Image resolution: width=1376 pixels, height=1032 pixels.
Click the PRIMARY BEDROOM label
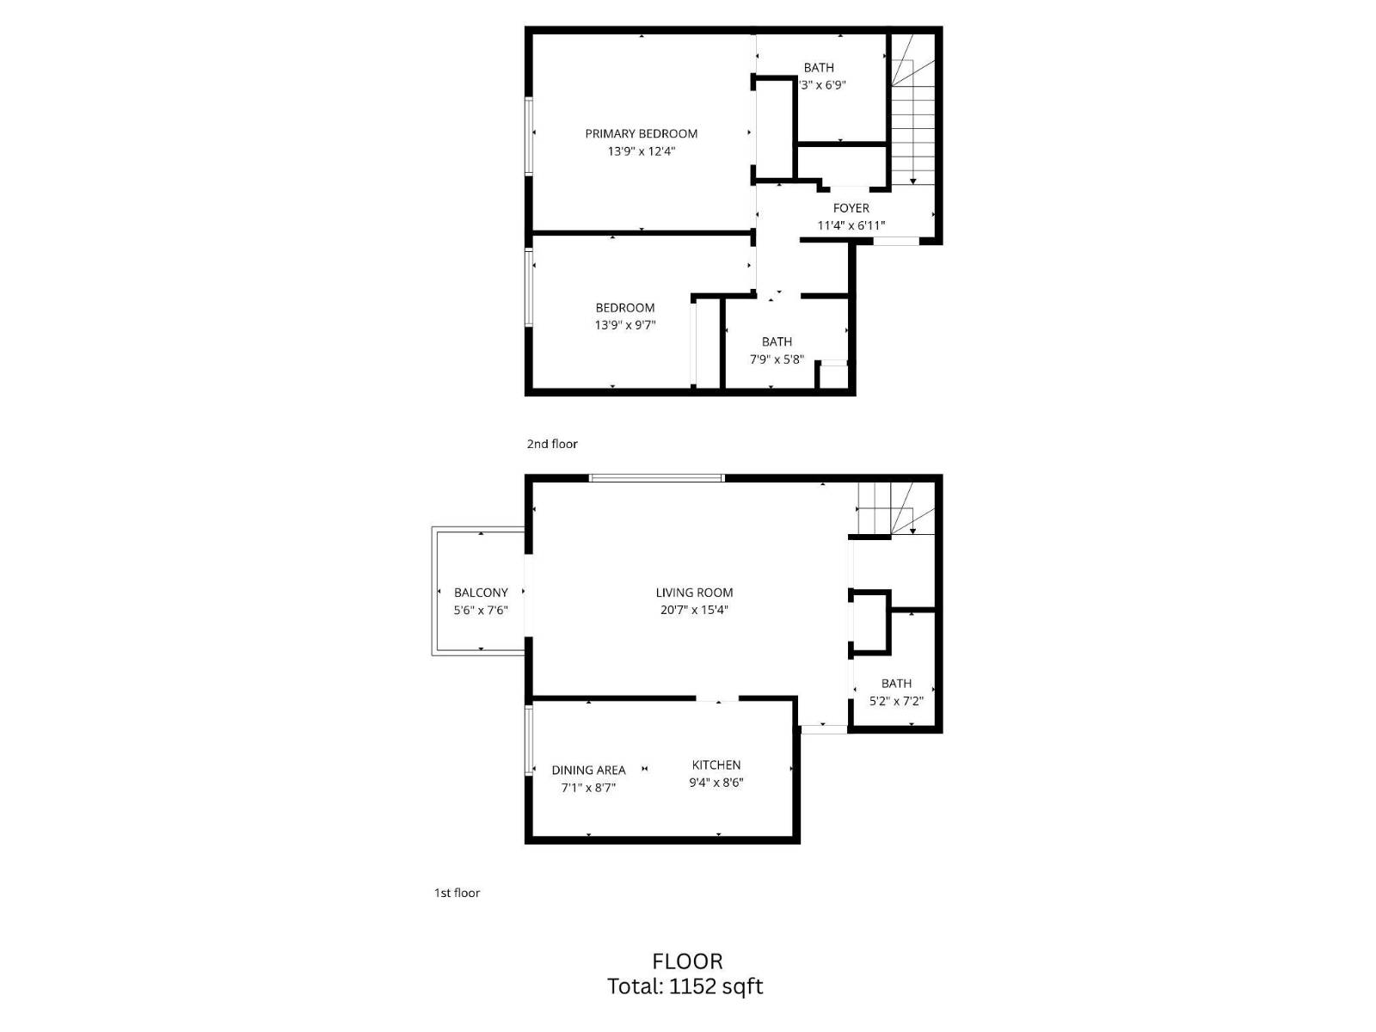[x=641, y=133]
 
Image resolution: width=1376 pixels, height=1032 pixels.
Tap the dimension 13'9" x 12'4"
[x=641, y=151]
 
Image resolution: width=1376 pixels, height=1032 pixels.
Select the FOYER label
[x=851, y=208]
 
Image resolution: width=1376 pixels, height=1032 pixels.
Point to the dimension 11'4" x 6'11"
[x=851, y=226]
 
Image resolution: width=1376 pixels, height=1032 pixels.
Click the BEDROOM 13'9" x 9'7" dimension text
[x=625, y=325]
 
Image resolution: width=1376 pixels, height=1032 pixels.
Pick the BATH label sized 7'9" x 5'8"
[x=777, y=341]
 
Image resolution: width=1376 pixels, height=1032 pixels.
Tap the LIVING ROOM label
[x=694, y=593]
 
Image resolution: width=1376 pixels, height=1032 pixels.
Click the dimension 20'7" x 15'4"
[x=694, y=611]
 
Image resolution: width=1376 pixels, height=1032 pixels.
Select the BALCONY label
[x=481, y=593]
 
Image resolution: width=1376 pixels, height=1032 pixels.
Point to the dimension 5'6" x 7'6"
[x=481, y=611]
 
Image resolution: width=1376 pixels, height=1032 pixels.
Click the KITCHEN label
[x=716, y=765]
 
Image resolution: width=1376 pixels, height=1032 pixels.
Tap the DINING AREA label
[x=588, y=770]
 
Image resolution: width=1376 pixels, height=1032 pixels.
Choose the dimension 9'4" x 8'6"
[x=716, y=783]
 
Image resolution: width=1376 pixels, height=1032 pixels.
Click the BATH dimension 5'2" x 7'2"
[x=896, y=701]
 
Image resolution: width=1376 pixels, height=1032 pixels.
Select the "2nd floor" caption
[x=552, y=444]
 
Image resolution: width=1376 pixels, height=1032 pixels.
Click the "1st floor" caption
[x=457, y=893]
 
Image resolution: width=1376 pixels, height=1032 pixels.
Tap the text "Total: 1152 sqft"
[x=685, y=986]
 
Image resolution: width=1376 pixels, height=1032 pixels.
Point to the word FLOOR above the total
[x=687, y=961]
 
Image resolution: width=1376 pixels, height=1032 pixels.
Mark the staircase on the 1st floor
[x=894, y=510]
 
